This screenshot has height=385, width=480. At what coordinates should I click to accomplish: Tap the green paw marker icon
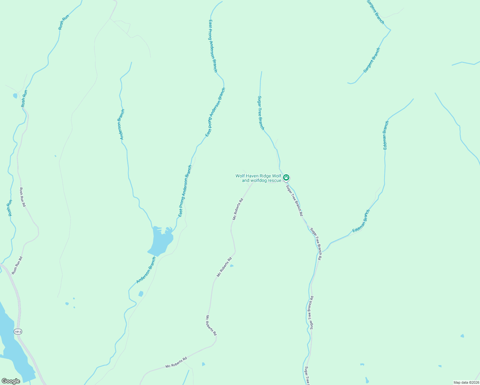(286, 177)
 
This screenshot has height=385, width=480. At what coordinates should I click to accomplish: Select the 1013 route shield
(18, 331)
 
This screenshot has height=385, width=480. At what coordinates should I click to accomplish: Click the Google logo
(11, 381)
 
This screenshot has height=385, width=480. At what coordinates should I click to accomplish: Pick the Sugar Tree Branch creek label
(261, 113)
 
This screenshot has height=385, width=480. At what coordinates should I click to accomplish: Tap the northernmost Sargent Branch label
(375, 12)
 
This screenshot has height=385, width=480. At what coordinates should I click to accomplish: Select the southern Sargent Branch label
(372, 60)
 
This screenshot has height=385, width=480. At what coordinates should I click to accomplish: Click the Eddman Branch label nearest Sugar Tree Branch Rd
(361, 221)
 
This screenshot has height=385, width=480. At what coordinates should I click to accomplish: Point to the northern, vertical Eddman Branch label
(386, 135)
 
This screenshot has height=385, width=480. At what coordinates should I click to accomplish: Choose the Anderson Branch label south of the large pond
(146, 270)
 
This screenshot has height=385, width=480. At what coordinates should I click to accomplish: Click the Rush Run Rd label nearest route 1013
(17, 265)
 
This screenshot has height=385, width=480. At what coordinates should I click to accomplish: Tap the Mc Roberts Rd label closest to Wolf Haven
(238, 209)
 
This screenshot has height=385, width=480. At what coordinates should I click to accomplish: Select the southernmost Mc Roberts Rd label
(176, 363)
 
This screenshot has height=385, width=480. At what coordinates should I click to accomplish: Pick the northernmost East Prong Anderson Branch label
(213, 46)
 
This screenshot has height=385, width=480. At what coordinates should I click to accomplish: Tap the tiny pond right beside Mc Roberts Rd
(232, 266)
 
